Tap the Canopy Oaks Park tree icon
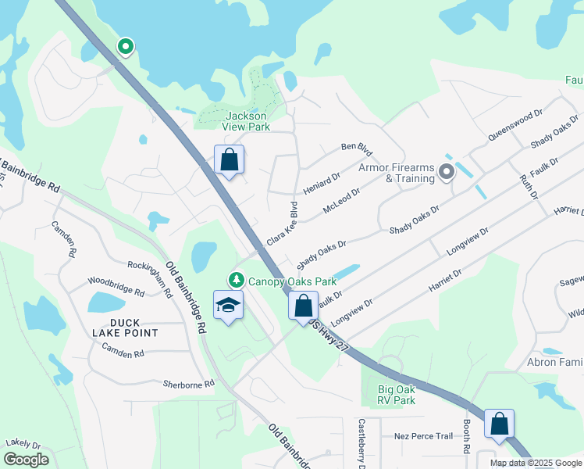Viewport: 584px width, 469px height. (x=233, y=280)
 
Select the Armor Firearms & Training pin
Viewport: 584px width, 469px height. (x=447, y=171)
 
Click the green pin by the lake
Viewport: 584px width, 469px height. (x=125, y=47)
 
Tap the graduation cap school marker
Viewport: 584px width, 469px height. (x=228, y=305)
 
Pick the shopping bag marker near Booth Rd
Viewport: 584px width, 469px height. (x=499, y=424)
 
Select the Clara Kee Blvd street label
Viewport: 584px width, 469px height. (x=283, y=225)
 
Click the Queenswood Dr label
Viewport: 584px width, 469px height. (x=515, y=125)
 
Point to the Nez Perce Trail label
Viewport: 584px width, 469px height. (x=424, y=435)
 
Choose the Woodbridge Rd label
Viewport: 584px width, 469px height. (x=116, y=286)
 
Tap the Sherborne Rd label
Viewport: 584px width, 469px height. (x=188, y=384)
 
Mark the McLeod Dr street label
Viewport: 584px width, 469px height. (x=341, y=202)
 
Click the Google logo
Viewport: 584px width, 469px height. (x=26, y=460)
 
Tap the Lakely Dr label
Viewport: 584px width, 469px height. (x=23, y=443)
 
